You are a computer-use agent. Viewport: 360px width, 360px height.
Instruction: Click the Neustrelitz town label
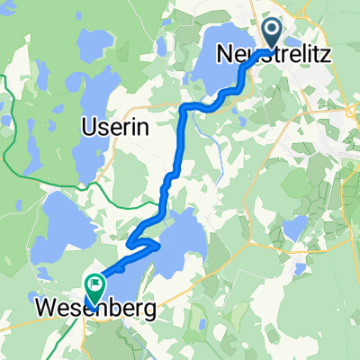point(274,55)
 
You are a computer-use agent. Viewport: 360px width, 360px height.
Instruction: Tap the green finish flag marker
point(92,285)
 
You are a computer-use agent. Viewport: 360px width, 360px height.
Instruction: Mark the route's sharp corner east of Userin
point(184,108)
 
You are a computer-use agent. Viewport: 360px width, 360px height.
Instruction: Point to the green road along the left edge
point(7,135)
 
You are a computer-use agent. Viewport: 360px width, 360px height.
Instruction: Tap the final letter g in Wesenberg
point(146,310)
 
